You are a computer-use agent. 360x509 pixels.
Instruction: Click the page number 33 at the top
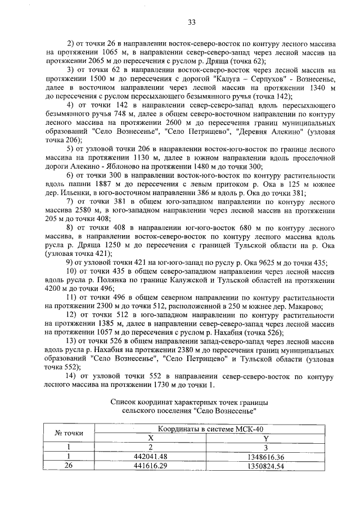click(x=191, y=22)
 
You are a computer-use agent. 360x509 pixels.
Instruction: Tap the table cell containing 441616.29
click(x=150, y=466)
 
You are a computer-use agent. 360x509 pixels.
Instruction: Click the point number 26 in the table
click(x=69, y=466)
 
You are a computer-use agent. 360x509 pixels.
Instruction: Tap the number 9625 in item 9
click(x=247, y=263)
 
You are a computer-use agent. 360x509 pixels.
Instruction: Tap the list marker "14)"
click(x=73, y=375)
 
